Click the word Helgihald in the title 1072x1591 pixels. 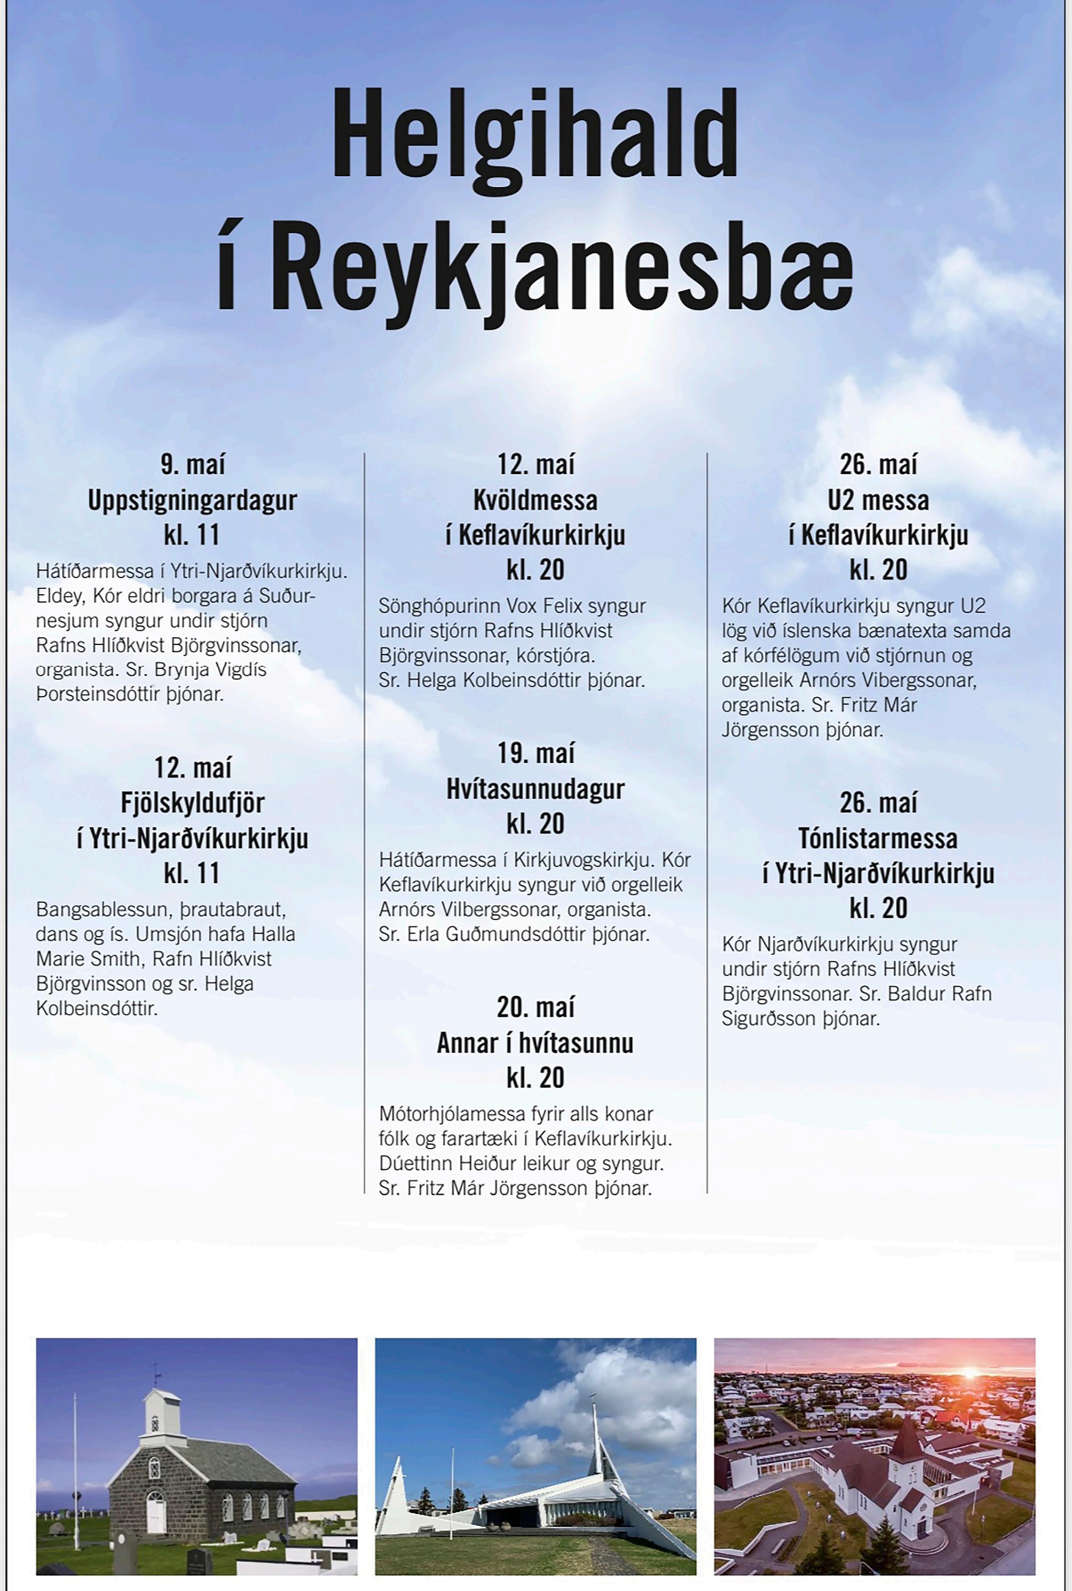click(535, 135)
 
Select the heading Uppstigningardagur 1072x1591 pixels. click(192, 500)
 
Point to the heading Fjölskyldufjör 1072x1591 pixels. click(192, 803)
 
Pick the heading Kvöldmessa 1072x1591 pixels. click(535, 500)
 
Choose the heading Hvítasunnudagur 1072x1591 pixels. click(535, 789)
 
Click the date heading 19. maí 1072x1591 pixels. click(535, 754)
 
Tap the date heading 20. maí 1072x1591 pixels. click(535, 1008)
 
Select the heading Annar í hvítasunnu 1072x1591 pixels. click(535, 1043)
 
